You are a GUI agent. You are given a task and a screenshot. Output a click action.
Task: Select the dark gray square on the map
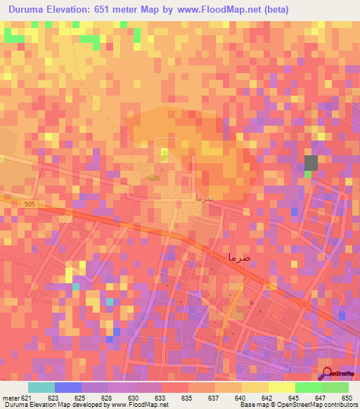(x=311, y=162)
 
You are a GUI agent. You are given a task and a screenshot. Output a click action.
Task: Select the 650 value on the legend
(x=346, y=398)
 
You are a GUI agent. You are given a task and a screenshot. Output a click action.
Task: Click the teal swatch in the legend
(x=41, y=387)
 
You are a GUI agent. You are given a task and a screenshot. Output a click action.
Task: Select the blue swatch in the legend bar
(x=68, y=387)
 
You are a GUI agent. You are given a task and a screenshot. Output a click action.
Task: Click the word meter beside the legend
(x=10, y=398)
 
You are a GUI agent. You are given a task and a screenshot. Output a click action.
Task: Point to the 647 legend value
(x=308, y=398)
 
